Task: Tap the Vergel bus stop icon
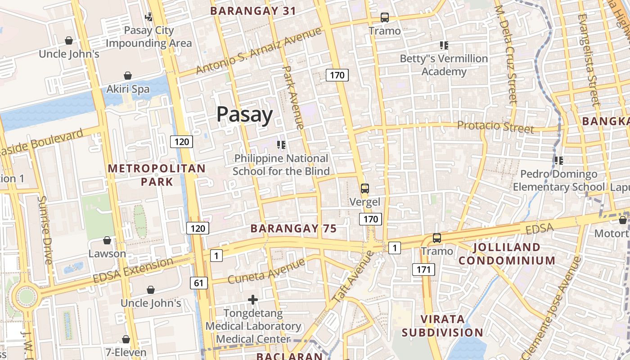point(364,189)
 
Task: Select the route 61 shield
point(199,283)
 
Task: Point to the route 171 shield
point(423,270)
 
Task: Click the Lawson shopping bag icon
point(107,241)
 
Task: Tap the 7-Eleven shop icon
point(126,339)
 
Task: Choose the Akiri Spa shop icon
point(128,76)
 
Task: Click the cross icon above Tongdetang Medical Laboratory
point(253,300)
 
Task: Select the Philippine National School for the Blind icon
point(281,145)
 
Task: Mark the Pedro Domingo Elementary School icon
point(559,161)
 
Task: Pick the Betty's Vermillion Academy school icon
point(444,45)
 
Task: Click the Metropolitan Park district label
point(157,175)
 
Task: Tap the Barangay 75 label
point(293,229)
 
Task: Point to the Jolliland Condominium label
point(507,254)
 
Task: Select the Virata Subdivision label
point(442,326)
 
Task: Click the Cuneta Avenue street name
point(267,271)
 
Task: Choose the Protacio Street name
point(495,126)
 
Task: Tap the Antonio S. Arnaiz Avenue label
point(259,51)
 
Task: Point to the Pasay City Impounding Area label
point(148,37)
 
